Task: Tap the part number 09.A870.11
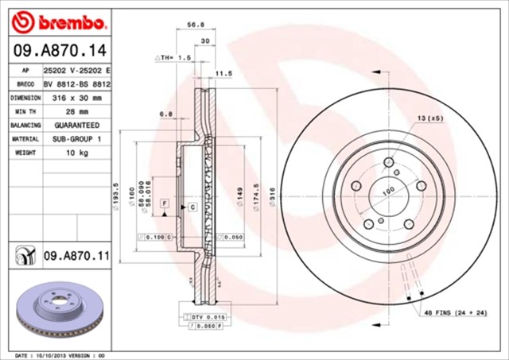[x=76, y=255]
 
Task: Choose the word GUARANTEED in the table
[x=77, y=126]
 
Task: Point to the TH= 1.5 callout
[x=174, y=58]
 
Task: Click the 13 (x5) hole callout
[x=431, y=118]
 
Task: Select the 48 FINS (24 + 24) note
[x=455, y=315]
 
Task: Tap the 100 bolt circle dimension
[x=389, y=190]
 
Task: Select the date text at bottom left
[x=60, y=354]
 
